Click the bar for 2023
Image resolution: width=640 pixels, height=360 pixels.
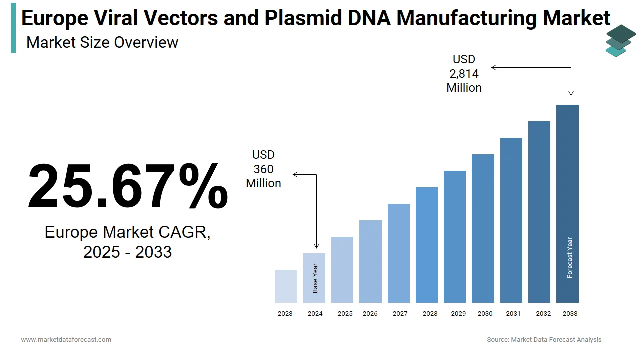click(x=286, y=286)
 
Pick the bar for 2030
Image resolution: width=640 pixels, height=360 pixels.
click(x=483, y=228)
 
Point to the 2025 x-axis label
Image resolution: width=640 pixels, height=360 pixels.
click(x=345, y=314)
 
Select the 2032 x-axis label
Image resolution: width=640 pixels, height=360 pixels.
click(x=543, y=314)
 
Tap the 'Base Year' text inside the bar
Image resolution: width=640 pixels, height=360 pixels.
click(x=315, y=278)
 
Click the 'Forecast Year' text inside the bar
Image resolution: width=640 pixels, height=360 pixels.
click(x=570, y=258)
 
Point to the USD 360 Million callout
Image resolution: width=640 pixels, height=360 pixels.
click(x=263, y=169)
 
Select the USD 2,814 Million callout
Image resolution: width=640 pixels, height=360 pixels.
click(x=464, y=74)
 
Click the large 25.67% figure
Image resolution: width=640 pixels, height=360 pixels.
click(x=128, y=186)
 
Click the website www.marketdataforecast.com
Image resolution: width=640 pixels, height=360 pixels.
click(x=66, y=340)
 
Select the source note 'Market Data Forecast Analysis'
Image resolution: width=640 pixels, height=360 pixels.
click(x=556, y=340)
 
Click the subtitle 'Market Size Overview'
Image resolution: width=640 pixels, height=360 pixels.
click(x=102, y=42)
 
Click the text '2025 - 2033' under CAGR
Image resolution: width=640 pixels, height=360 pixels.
click(x=128, y=252)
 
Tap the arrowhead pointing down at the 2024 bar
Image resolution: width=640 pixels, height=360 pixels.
click(x=316, y=246)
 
